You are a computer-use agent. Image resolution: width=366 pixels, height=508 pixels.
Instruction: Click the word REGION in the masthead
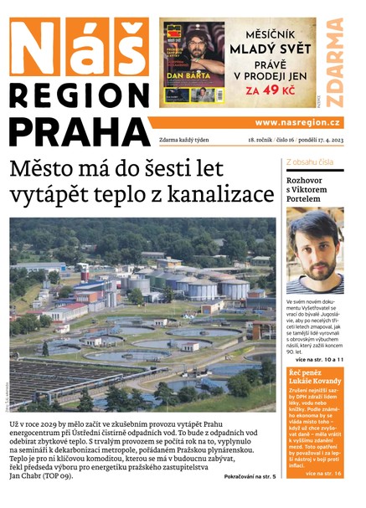click(79, 93)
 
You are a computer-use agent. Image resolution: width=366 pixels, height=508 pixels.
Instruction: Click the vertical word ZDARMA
click(336, 63)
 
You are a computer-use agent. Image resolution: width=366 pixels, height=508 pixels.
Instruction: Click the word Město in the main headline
click(44, 167)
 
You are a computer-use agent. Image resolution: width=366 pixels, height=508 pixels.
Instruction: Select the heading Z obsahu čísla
click(310, 161)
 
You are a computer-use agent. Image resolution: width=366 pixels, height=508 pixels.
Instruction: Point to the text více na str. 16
click(323, 473)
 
